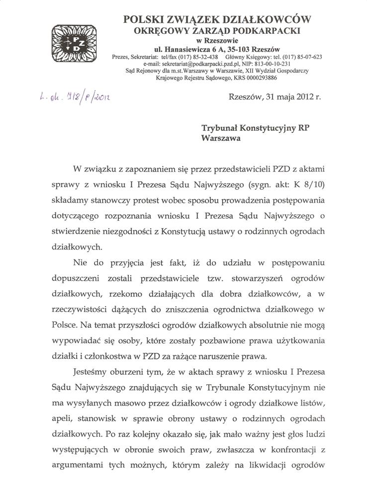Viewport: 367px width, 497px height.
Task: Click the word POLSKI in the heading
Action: [144, 19]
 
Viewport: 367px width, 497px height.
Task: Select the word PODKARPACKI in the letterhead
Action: [268, 31]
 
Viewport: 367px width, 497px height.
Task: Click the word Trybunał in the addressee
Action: [221, 128]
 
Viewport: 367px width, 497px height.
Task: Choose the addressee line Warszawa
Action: [221, 139]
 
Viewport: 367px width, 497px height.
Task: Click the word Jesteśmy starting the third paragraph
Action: [92, 372]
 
